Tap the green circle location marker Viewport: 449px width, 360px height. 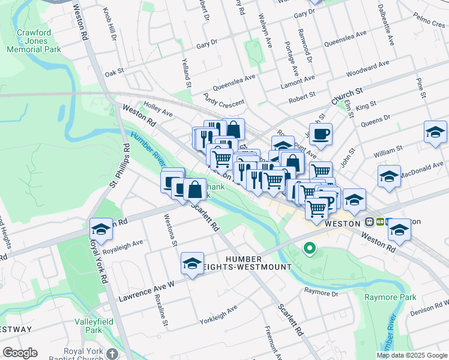(310, 247)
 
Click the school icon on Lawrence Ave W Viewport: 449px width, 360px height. (192, 263)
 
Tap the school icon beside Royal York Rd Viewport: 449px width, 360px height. (101, 230)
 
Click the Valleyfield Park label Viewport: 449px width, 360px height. (88, 326)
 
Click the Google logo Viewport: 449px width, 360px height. (20, 353)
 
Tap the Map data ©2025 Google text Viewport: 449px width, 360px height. (412, 355)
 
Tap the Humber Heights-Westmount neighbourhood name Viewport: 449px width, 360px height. (258, 262)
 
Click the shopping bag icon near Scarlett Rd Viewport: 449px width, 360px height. (194, 190)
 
